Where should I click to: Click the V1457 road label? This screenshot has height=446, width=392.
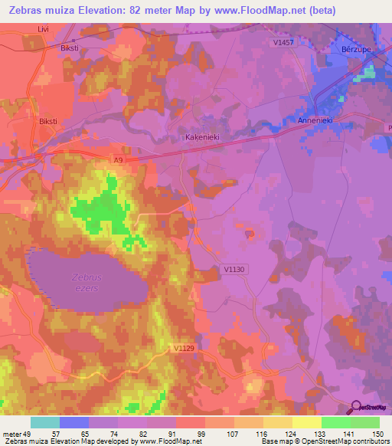(x=283, y=43)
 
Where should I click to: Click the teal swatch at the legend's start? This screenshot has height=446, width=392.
(x=45, y=422)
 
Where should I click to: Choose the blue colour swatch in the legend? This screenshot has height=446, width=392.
(x=74, y=422)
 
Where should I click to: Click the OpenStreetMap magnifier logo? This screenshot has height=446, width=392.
(x=357, y=407)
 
